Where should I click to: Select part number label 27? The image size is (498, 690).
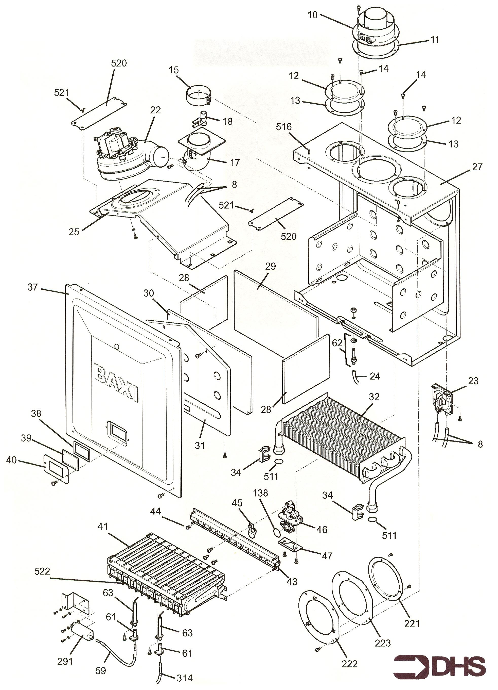[477, 167]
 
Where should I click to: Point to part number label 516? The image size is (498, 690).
[283, 127]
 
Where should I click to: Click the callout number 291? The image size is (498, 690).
[65, 653]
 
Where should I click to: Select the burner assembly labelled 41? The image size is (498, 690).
[164, 572]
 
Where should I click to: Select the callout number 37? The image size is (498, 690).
[32, 287]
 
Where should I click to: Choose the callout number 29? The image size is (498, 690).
[270, 267]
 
